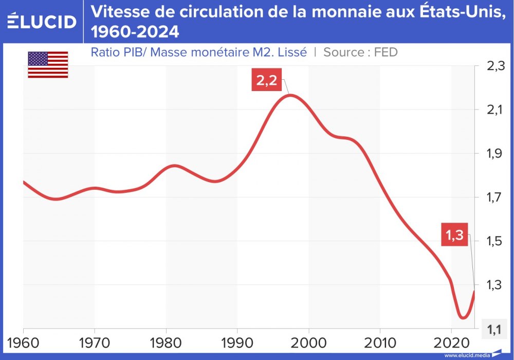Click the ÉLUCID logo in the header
42,21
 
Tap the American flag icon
48,65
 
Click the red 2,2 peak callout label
267,81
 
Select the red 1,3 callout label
454,236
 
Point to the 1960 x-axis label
23,341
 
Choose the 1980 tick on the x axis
166,341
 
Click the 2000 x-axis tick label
309,341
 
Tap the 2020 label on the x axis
451,341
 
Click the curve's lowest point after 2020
463,318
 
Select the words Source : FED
360,52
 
